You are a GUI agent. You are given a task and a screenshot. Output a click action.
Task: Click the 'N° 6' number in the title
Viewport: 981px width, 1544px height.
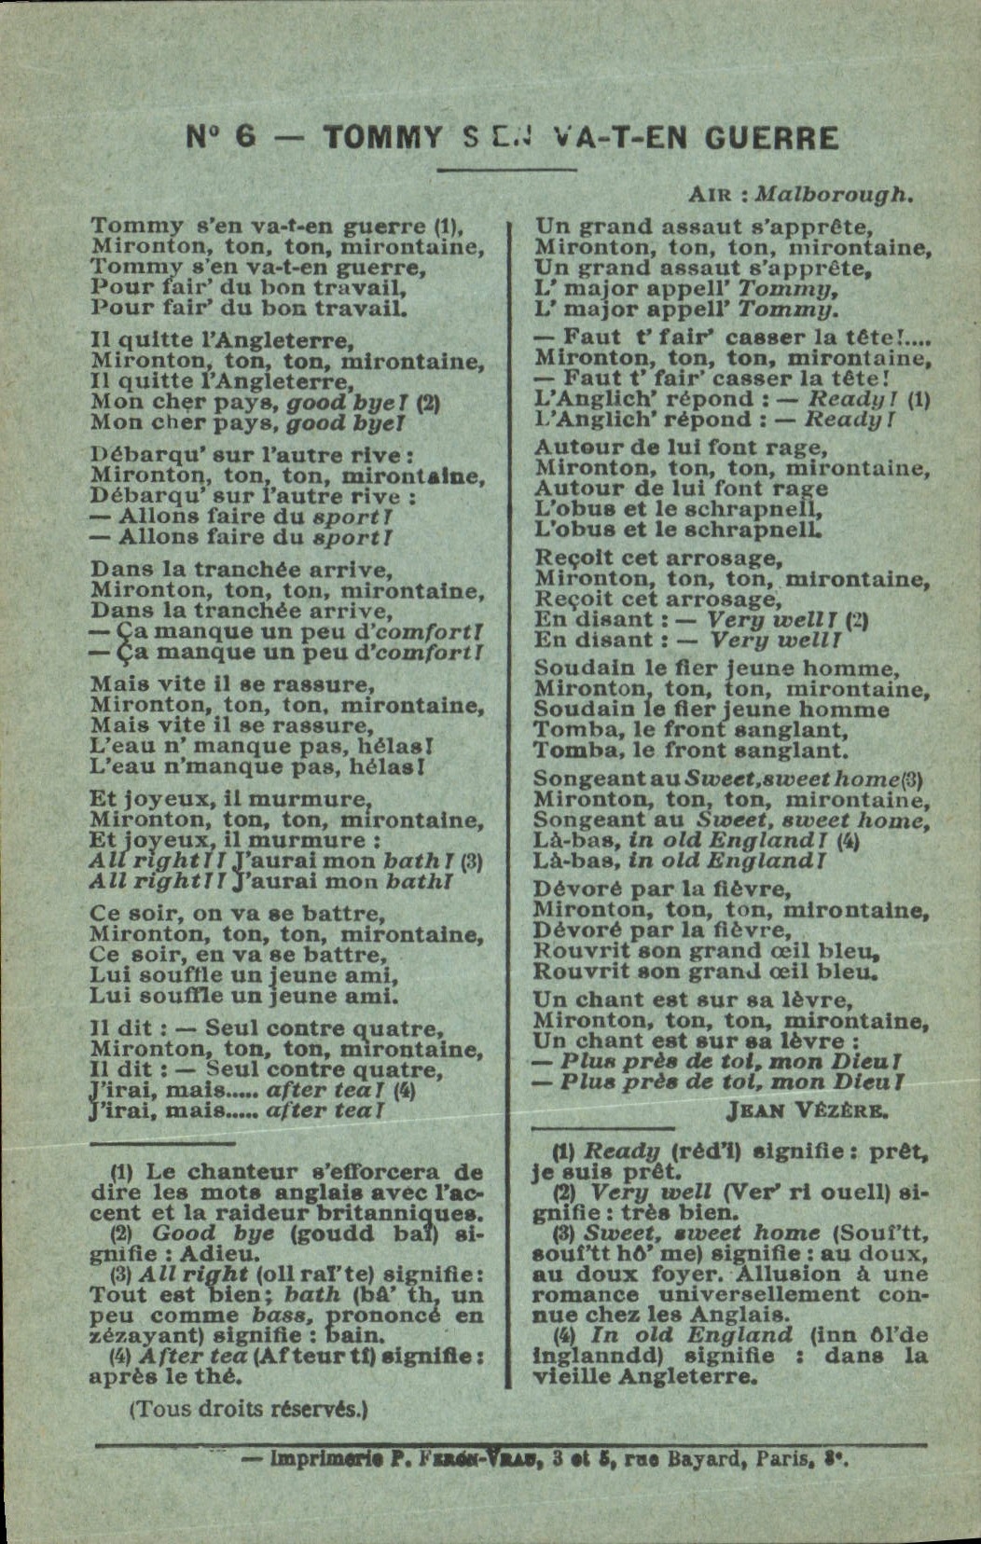pos(221,137)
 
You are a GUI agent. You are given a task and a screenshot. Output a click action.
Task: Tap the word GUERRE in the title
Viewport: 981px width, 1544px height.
pos(771,138)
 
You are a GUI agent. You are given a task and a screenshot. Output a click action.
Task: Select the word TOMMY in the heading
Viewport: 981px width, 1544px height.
pos(382,138)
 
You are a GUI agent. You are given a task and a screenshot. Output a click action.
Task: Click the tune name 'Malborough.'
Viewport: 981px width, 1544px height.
pos(833,194)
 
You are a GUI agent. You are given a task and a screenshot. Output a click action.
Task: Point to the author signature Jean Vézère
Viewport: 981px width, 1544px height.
pos(808,1110)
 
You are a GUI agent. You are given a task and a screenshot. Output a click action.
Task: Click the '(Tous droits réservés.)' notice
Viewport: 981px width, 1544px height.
pos(248,1409)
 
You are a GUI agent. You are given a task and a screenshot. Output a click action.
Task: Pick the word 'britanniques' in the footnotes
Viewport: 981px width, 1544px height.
pos(408,1213)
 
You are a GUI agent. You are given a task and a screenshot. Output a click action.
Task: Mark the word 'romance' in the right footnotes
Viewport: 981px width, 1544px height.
pos(586,1294)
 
